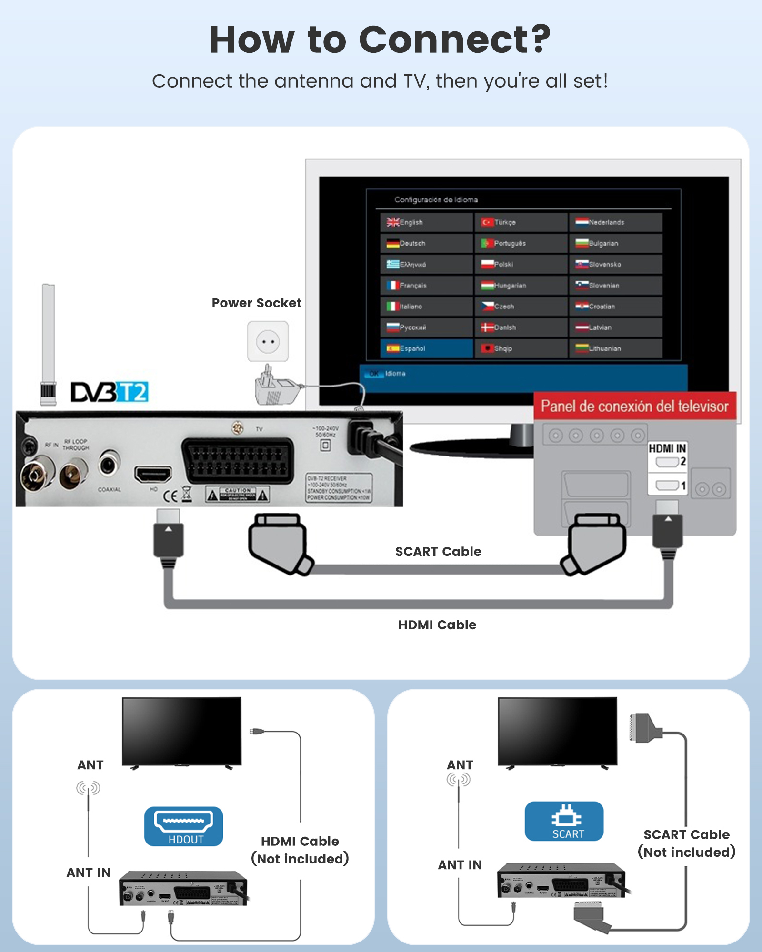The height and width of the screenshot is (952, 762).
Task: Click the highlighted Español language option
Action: click(x=426, y=348)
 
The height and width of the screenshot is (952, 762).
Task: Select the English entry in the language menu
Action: click(x=426, y=222)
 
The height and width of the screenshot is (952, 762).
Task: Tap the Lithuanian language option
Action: click(x=615, y=348)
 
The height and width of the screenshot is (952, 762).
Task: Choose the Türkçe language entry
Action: click(x=521, y=222)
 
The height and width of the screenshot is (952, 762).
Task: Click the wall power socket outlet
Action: click(x=268, y=341)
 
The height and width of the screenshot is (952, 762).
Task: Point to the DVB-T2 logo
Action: click(x=110, y=392)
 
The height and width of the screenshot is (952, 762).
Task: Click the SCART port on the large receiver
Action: click(x=237, y=460)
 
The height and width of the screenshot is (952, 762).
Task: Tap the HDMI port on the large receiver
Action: click(x=153, y=474)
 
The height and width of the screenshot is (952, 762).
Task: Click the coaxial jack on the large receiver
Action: click(x=109, y=463)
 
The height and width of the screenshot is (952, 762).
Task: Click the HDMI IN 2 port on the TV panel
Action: click(x=667, y=462)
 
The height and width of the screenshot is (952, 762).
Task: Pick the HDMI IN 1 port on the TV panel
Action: click(x=667, y=486)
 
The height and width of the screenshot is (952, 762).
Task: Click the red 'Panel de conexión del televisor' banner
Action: click(x=634, y=406)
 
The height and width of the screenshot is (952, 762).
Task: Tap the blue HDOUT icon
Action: click(x=183, y=826)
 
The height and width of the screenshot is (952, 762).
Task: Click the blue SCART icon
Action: click(x=564, y=821)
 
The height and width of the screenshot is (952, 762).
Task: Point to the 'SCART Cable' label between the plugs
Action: click(x=438, y=551)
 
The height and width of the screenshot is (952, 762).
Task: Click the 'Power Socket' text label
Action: click(x=256, y=303)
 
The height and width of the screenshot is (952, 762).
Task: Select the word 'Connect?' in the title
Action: click(x=454, y=40)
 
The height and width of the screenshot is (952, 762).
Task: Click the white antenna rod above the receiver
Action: click(x=48, y=333)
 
